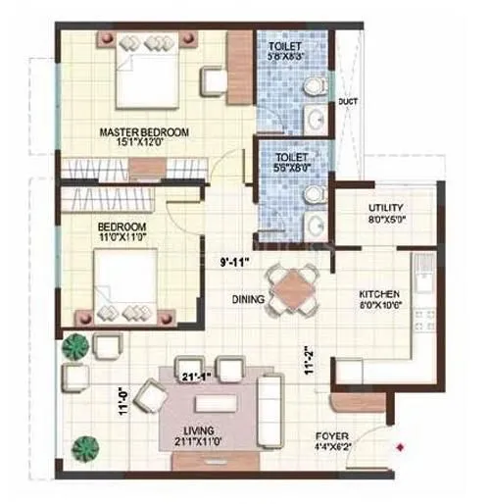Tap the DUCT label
pyautogui.click(x=347, y=101)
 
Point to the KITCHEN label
pyautogui.click(x=377, y=292)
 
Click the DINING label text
pyautogui.click(x=249, y=299)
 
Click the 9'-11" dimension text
pyautogui.click(x=236, y=261)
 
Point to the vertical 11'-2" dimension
pyautogui.click(x=309, y=366)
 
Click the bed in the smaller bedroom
pyautogui.click(x=127, y=284)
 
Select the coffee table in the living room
pyautogui.click(x=215, y=403)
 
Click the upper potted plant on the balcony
pyautogui.click(x=73, y=346)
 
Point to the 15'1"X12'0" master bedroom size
pyautogui.click(x=144, y=142)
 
